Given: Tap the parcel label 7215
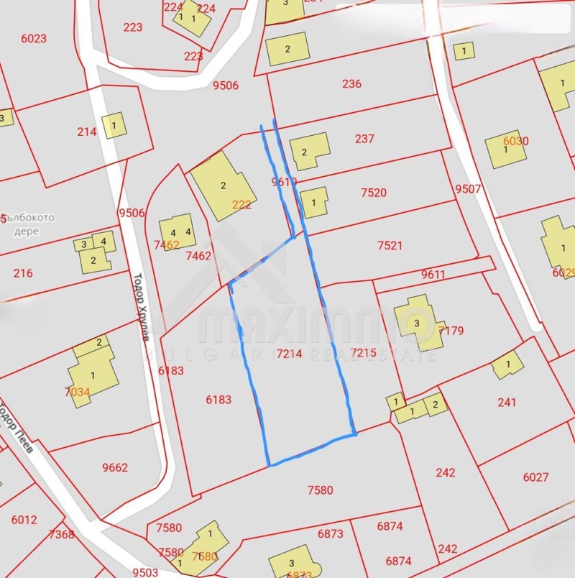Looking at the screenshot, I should (363, 352).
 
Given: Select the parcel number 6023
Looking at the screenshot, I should (34, 39).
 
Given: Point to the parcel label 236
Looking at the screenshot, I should (351, 84).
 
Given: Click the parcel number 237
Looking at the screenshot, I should (364, 139).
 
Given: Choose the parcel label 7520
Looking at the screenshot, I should (374, 193).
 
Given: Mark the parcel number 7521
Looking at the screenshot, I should (390, 245).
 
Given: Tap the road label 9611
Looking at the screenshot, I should (433, 274).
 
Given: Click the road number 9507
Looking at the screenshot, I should (468, 189).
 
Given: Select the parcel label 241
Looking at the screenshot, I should (507, 403).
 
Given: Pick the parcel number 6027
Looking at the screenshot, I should (535, 477).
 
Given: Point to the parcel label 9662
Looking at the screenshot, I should (115, 467).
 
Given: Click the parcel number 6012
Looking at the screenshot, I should (24, 520).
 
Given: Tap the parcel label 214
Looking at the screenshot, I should (86, 132).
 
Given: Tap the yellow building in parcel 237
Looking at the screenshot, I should (308, 151).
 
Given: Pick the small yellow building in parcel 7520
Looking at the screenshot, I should (314, 202).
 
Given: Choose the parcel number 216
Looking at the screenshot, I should (23, 273).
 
